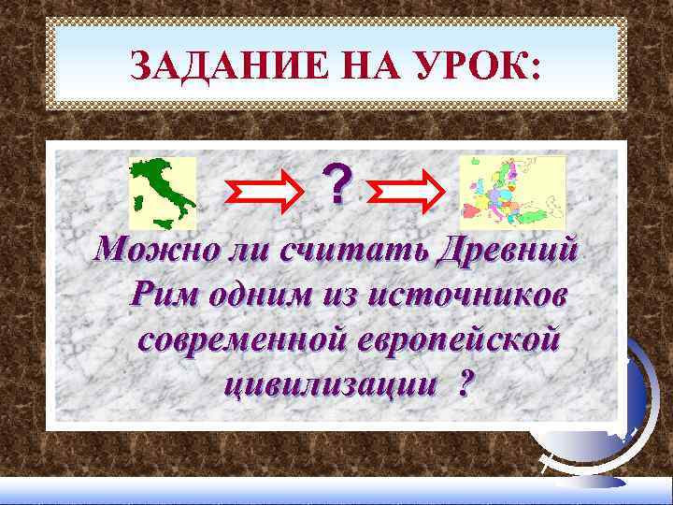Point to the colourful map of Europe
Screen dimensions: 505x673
tap(513, 193)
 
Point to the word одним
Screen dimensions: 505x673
tap(251, 295)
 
